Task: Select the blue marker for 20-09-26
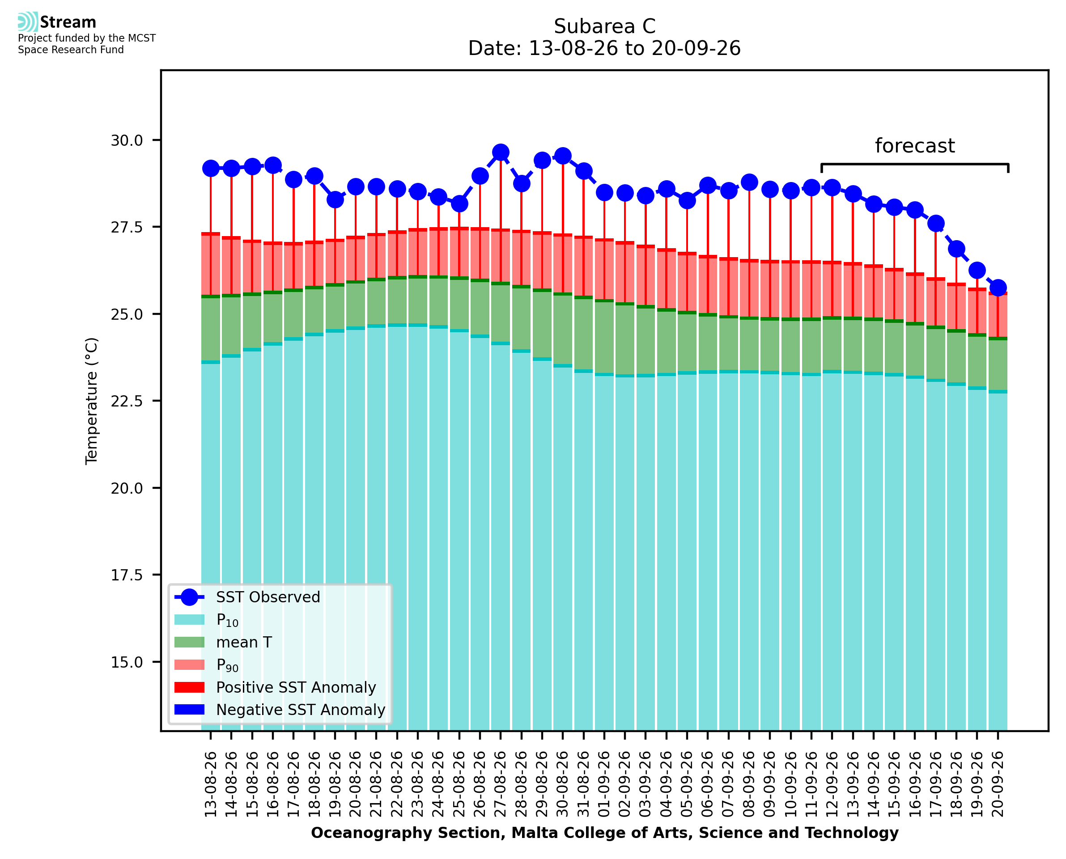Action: (x=998, y=288)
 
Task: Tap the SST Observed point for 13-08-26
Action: (x=211, y=168)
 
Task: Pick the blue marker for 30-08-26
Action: (x=563, y=156)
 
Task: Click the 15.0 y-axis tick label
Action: (x=127, y=662)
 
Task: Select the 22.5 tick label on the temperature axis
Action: (x=127, y=401)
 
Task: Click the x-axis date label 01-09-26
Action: (x=604, y=784)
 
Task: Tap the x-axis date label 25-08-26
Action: (x=459, y=784)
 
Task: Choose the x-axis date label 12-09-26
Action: (x=832, y=784)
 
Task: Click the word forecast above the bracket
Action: (x=914, y=146)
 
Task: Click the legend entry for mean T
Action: (x=223, y=642)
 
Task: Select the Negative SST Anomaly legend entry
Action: (x=280, y=710)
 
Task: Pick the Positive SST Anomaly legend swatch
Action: (x=189, y=687)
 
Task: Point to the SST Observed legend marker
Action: (x=189, y=597)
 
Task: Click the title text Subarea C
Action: (x=604, y=26)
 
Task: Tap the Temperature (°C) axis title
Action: (x=92, y=401)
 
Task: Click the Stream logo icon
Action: (x=28, y=22)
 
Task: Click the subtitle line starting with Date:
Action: (x=604, y=48)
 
